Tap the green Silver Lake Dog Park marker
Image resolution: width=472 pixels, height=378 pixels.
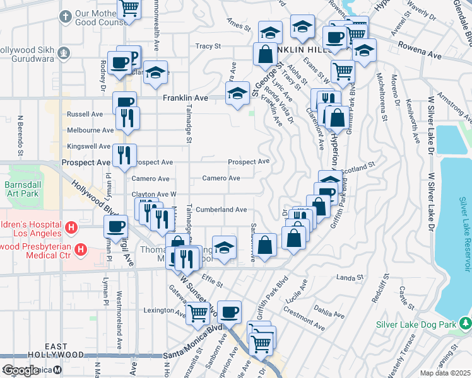click(x=466, y=324)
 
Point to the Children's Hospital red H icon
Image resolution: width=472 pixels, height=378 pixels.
click(x=72, y=226)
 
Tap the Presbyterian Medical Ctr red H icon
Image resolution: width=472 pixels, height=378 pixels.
click(x=81, y=249)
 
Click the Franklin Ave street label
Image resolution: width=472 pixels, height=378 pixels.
click(x=186, y=98)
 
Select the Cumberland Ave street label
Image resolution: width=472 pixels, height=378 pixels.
click(x=221, y=210)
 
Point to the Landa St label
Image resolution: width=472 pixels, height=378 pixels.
click(x=351, y=277)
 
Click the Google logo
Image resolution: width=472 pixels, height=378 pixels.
click(x=21, y=370)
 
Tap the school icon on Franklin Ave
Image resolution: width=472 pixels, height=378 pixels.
click(x=237, y=94)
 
